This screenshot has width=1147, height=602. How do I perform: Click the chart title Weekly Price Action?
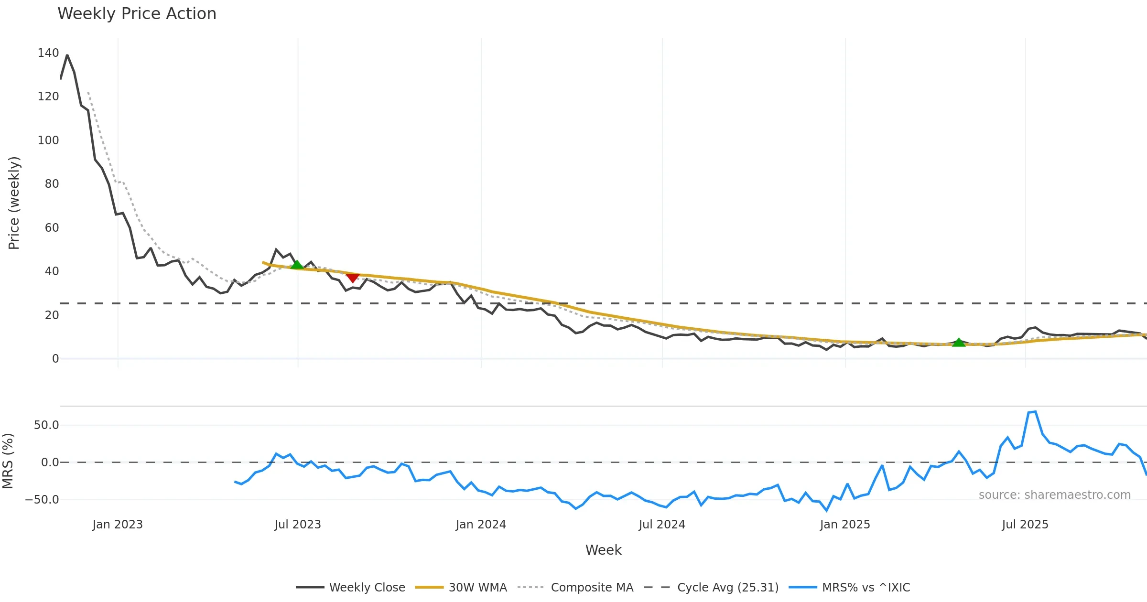point(137,14)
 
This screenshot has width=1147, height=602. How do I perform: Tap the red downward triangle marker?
point(353,278)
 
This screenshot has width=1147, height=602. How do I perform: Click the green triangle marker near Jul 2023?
point(297,265)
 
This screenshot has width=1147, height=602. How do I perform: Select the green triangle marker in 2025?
point(959,343)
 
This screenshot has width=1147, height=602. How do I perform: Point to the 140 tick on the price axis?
point(48,53)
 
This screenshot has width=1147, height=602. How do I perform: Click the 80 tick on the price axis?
point(52,184)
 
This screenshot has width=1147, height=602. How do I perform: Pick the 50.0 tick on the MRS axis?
point(46,425)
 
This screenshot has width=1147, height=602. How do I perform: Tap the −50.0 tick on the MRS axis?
point(42,500)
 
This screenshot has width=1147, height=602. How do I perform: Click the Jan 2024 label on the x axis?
point(481,525)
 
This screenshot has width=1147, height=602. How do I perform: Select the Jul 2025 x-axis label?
point(1025,525)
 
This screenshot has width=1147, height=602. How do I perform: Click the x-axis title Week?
point(604,550)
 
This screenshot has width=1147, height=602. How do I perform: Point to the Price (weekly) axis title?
point(14,203)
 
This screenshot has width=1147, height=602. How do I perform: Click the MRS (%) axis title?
point(8,461)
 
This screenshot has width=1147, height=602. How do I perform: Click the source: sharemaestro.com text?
point(1054,495)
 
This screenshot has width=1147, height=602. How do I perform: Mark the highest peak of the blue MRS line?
point(1035,411)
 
